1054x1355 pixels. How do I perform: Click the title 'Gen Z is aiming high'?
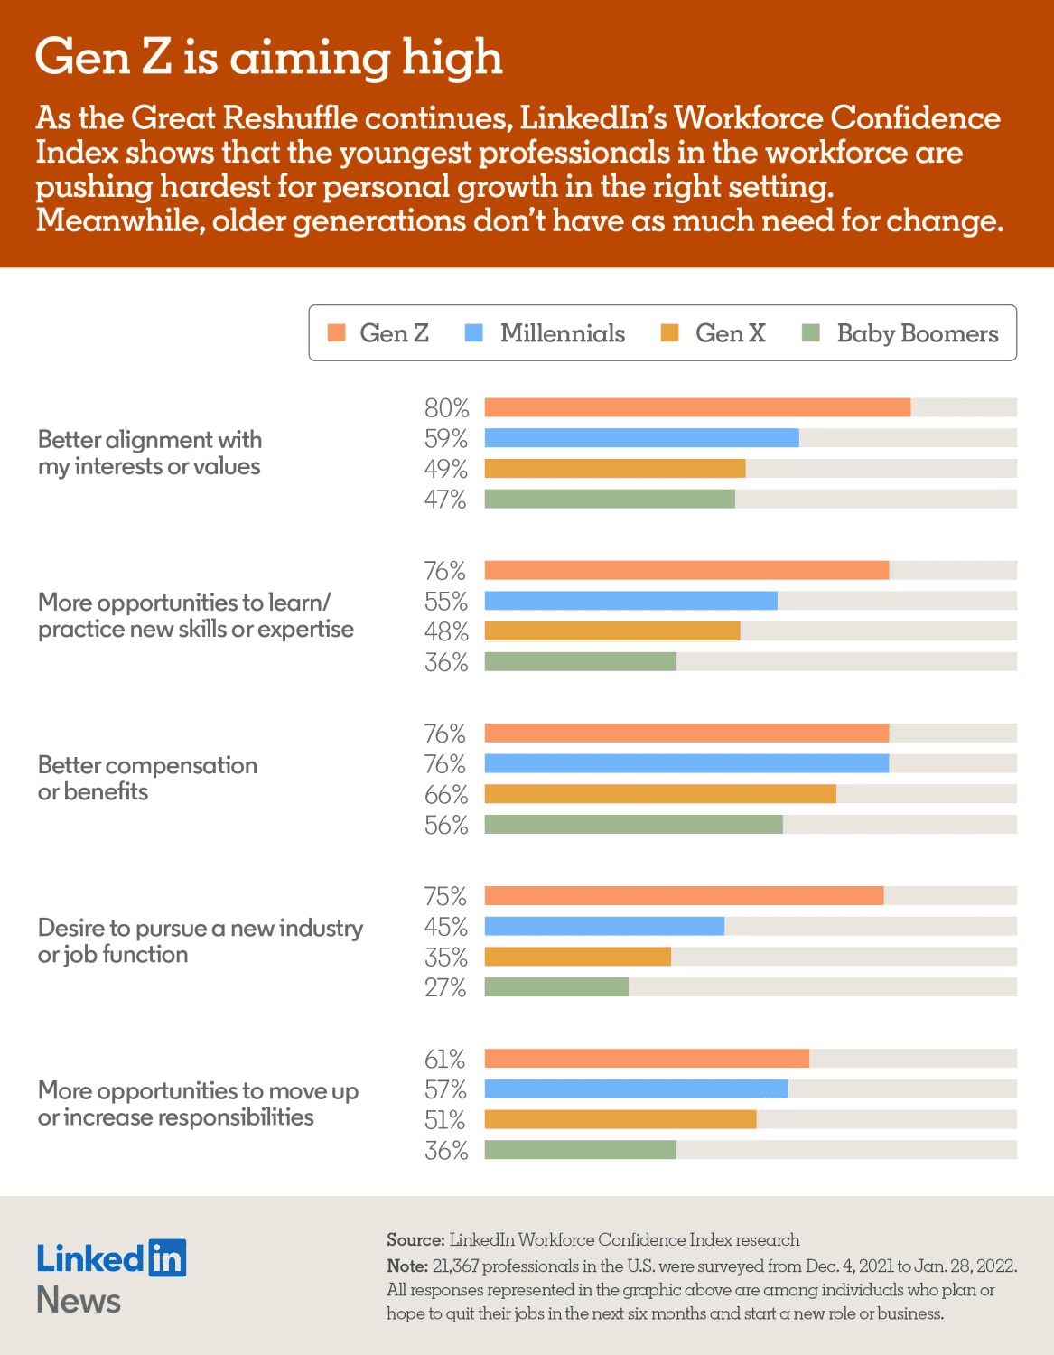pos(268,58)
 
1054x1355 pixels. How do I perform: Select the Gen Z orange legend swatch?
pos(337,332)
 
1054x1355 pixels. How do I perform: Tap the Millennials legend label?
pos(562,333)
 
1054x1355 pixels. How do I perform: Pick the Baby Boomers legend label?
pos(917,333)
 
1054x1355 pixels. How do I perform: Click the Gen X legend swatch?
pos(669,332)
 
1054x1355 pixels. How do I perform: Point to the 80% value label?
pos(446,408)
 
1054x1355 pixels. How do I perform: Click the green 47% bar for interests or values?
pos(610,499)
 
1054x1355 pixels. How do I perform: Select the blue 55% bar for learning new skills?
pos(630,601)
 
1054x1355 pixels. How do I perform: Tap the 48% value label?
pos(446,631)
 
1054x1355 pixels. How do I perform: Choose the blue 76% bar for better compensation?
pos(686,763)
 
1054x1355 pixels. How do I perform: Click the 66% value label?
pos(446,795)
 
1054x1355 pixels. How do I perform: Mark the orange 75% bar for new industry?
pos(684,895)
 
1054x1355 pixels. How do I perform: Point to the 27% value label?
pos(446,987)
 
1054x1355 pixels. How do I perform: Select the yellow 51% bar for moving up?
pos(620,1119)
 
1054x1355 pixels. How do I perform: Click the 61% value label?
pos(445,1059)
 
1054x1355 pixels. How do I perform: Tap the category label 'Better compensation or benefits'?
pos(147,778)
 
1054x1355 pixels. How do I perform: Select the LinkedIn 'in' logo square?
pos(167,1257)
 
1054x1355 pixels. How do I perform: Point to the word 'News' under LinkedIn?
pos(79,1300)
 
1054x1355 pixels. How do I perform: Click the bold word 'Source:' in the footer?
pos(415,1239)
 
